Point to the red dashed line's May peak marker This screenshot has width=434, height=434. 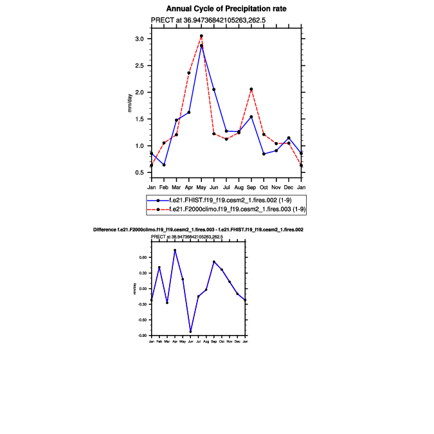coord(201,36)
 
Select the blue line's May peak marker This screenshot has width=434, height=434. coord(201,46)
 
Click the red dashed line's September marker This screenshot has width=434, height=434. coord(251,89)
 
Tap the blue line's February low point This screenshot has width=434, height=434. coord(164,165)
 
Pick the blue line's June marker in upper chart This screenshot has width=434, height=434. coord(213,89)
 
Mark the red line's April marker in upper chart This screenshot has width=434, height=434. coord(189,73)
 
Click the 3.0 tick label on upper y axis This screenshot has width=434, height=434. coord(139,39)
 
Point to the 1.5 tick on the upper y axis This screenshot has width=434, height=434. coord(139,119)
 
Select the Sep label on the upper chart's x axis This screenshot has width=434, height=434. coord(251,187)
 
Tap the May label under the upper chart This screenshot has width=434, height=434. coord(201,187)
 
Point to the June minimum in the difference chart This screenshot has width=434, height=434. coord(190,332)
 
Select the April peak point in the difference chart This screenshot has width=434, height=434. coord(175,250)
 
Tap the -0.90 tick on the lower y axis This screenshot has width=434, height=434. coord(143,336)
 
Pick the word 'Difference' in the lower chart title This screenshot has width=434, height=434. coord(105,230)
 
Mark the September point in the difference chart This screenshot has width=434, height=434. coord(214,262)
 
